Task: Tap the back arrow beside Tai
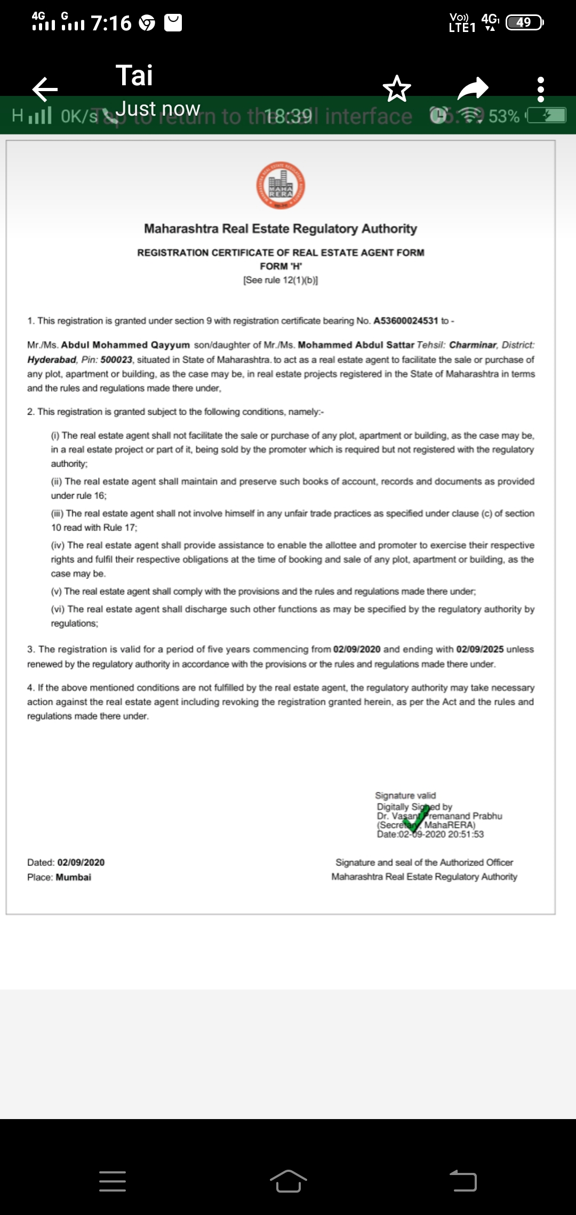click(45, 88)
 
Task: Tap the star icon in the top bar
click(397, 88)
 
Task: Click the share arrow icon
click(473, 88)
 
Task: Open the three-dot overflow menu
click(541, 89)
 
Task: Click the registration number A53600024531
click(405, 321)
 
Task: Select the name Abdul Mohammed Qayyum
click(125, 345)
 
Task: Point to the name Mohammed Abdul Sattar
click(356, 345)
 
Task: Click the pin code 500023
click(116, 360)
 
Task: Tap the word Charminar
click(473, 345)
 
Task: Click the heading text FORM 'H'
click(281, 266)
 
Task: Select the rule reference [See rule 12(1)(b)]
click(281, 280)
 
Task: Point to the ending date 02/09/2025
click(480, 649)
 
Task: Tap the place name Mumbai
click(74, 877)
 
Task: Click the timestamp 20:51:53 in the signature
click(466, 835)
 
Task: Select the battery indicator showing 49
click(524, 22)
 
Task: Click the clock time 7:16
click(111, 23)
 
